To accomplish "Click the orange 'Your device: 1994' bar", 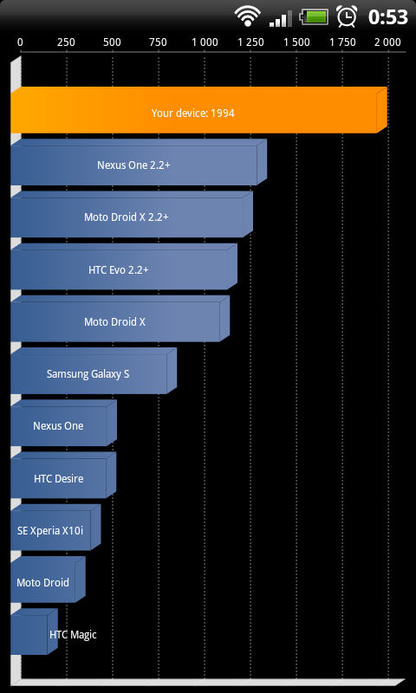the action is click(199, 110).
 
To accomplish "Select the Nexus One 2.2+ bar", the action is click(139, 162).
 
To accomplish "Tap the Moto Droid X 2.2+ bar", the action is click(132, 214).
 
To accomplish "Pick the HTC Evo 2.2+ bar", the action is click(124, 267).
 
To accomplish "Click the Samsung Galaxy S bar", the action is click(94, 371).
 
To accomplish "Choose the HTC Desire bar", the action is click(63, 475).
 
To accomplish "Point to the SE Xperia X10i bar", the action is click(55, 528).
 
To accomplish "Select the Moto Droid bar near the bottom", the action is click(48, 580).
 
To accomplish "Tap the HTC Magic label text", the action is click(73, 635).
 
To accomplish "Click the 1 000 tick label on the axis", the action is click(205, 42).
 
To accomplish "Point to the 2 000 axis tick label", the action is click(387, 42).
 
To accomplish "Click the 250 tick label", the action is click(67, 42).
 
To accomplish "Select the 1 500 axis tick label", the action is click(296, 42).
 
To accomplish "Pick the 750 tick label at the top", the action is click(159, 42).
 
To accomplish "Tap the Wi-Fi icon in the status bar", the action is click(248, 16).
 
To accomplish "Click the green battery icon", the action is click(314, 17).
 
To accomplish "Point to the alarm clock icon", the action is click(347, 16).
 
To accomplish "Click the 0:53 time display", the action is click(388, 17).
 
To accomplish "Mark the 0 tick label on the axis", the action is click(20, 42).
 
